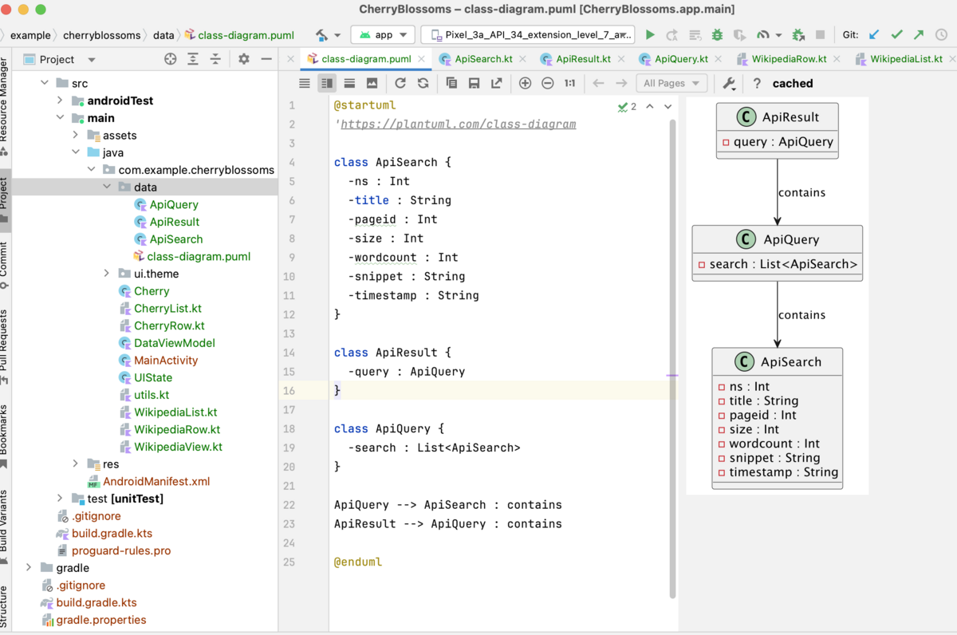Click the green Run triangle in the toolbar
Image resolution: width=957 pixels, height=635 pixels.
[x=650, y=34]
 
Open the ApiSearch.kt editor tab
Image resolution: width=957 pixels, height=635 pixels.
[x=483, y=59]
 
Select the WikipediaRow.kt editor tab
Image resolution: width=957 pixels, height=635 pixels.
[x=789, y=59]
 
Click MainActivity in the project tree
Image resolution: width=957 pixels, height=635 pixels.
[x=166, y=361]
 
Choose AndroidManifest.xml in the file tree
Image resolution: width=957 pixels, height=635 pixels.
[x=156, y=481]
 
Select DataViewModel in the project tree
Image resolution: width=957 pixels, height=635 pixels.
[x=175, y=343]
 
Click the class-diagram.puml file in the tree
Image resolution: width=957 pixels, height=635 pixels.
[x=199, y=256]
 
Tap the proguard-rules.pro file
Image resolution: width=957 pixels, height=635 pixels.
[x=121, y=550]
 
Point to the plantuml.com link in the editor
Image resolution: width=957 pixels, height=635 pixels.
[x=458, y=124]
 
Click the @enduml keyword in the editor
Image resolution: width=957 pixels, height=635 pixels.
[x=358, y=562]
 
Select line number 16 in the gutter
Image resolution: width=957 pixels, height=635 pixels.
[x=289, y=391]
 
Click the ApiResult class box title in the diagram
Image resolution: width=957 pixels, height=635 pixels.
[x=790, y=117]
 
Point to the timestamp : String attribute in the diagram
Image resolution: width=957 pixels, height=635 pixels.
[x=783, y=472]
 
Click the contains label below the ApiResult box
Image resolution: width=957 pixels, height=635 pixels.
[x=801, y=192]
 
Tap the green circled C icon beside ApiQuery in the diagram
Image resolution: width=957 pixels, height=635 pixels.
[x=746, y=239]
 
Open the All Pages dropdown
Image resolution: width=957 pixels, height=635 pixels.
[x=671, y=83]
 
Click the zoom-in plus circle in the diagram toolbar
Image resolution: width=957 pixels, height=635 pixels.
[x=525, y=83]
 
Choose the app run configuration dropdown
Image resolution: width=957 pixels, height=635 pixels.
[x=383, y=34]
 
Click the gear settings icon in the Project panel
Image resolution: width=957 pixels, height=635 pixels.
[x=244, y=59]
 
